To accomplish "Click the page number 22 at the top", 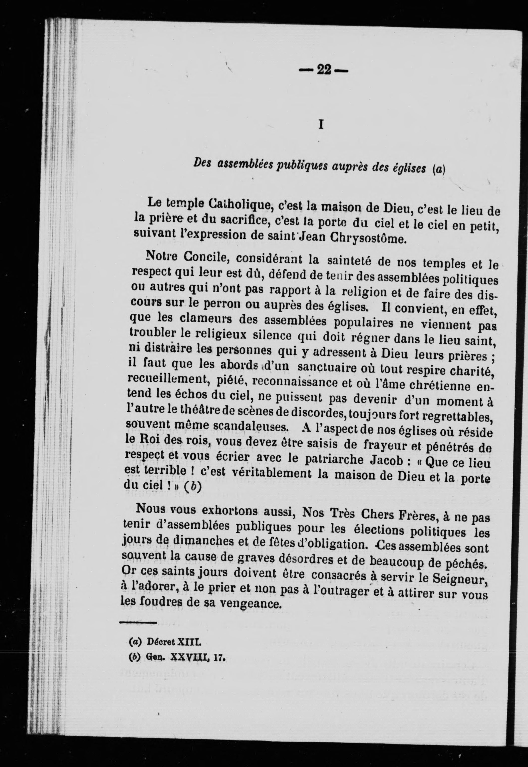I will pyautogui.click(x=324, y=70).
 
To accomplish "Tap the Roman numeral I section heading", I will pyautogui.click(x=320, y=125).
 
